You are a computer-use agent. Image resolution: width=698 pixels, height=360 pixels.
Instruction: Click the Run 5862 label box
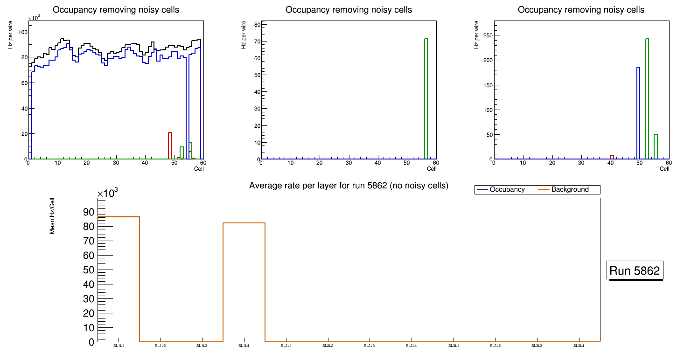(635, 270)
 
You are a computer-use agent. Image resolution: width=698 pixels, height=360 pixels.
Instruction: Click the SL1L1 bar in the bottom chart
(119, 280)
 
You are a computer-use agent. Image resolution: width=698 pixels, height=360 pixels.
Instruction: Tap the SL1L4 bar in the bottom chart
(244, 282)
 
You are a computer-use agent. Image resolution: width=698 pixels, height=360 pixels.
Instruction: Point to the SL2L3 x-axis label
(370, 346)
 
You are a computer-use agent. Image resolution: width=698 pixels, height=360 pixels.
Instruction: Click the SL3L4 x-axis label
(579, 346)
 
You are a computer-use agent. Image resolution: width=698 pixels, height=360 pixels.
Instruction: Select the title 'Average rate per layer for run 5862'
(349, 186)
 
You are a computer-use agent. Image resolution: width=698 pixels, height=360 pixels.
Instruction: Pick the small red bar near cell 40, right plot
(612, 157)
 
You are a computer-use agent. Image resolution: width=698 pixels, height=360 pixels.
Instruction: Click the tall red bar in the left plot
(170, 146)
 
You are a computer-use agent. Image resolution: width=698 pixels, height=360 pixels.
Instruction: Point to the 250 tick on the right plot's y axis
(485, 35)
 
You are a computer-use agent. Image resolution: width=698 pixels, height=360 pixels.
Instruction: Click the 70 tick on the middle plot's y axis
(254, 42)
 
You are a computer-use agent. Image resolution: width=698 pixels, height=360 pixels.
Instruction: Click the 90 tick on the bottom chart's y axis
(88, 212)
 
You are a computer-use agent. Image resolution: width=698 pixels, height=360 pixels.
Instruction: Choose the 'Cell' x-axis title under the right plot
(664, 169)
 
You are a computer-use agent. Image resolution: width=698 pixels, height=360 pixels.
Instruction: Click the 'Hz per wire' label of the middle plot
(243, 35)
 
